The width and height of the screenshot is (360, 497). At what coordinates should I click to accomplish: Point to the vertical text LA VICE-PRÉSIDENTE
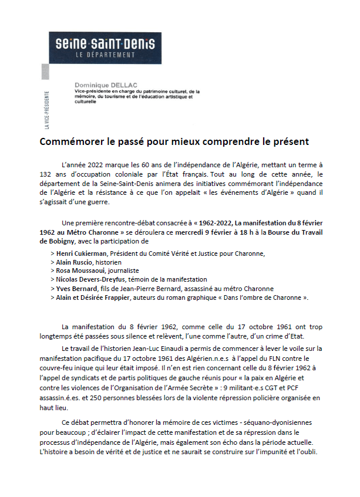point(47,109)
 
